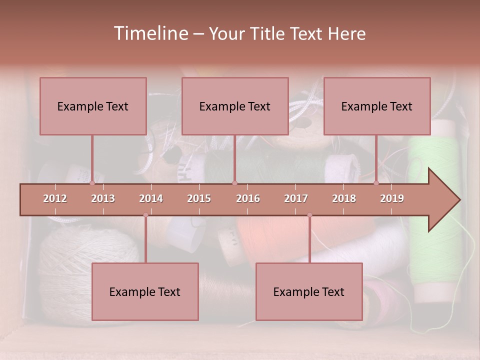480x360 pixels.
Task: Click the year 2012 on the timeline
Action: pos(55,198)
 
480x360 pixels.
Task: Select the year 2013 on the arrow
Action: pos(103,198)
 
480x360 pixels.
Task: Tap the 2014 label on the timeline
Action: pos(151,198)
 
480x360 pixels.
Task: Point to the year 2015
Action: pos(199,198)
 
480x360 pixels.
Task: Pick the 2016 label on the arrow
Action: pos(248,198)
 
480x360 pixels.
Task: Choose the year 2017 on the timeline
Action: pos(296,198)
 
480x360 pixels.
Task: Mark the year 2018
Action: pos(344,198)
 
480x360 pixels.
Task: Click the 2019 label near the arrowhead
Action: pos(392,198)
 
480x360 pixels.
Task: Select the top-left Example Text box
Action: pos(93,106)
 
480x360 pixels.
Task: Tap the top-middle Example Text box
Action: pos(235,106)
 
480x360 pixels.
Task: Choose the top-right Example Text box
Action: pos(377,106)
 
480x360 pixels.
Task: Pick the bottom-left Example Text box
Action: pos(145,291)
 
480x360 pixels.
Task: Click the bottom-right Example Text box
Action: pos(309,291)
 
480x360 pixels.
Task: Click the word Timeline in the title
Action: pos(150,33)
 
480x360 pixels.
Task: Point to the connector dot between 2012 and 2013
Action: pos(92,183)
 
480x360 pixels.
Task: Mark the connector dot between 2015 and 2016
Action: pos(235,183)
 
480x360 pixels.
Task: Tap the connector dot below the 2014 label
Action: pos(145,215)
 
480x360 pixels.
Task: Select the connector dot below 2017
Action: pos(309,215)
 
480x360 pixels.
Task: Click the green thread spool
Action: pos(434,150)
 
